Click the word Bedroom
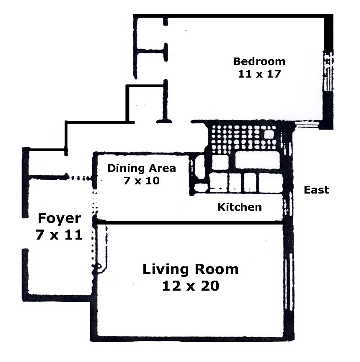tap(259, 61)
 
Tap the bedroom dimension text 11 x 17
tap(259, 74)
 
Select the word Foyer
tap(59, 218)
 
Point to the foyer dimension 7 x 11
tap(59, 235)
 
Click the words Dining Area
tap(142, 168)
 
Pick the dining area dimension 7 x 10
tap(142, 180)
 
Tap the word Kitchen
tap(240, 207)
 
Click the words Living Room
tap(191, 269)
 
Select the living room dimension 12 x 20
tap(191, 286)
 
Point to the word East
tap(316, 190)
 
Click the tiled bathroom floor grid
tap(244, 139)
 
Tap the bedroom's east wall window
tap(328, 71)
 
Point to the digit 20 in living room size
tap(210, 286)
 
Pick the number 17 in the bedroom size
tap(274, 74)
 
